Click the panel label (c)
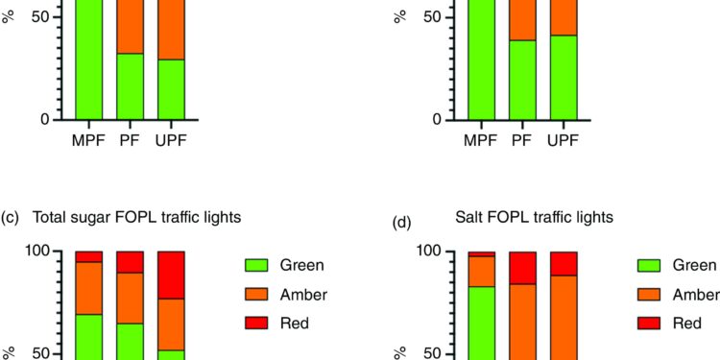tap(12, 218)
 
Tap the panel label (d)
tap(403, 223)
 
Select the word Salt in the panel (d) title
tap(470, 218)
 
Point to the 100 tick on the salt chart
tap(428, 252)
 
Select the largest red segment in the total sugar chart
tap(171, 275)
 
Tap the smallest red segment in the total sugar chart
tap(88, 256)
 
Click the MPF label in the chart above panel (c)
tap(88, 140)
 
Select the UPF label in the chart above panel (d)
tap(563, 140)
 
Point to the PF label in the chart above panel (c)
tap(130, 140)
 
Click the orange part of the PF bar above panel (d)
tap(520, 19)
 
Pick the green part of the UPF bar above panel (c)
tap(171, 88)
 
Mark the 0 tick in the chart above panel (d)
tap(436, 119)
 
